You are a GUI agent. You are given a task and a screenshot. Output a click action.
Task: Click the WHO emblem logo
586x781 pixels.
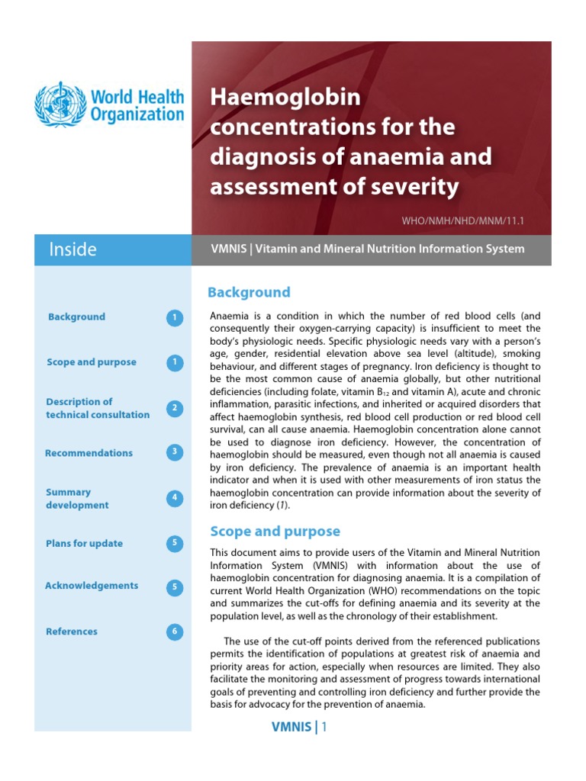point(60,105)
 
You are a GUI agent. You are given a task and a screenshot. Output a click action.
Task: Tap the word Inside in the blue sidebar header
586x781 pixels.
point(72,249)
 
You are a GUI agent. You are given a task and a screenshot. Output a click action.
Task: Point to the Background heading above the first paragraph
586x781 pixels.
point(250,292)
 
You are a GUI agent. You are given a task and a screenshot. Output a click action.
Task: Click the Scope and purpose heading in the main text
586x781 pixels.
point(275,532)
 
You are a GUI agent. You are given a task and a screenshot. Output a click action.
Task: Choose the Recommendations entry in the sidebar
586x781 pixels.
point(89,453)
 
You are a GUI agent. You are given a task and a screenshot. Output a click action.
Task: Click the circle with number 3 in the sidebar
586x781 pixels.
point(175,452)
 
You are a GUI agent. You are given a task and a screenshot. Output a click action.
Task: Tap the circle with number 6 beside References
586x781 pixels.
point(175,632)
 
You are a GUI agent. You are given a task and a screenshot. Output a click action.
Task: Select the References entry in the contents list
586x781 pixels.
point(72,632)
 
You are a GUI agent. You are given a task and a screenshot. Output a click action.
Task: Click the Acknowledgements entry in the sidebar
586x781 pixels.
point(92,586)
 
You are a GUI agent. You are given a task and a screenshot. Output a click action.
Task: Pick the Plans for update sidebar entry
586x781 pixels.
point(84,544)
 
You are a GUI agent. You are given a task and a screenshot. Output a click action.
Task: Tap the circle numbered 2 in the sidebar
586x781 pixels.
point(175,408)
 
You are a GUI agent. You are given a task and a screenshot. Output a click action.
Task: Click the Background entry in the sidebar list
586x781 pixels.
point(76,317)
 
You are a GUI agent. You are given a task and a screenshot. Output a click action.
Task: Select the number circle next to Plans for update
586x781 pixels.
point(175,544)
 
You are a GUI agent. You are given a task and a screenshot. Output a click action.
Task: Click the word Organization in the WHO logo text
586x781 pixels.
point(137,115)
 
